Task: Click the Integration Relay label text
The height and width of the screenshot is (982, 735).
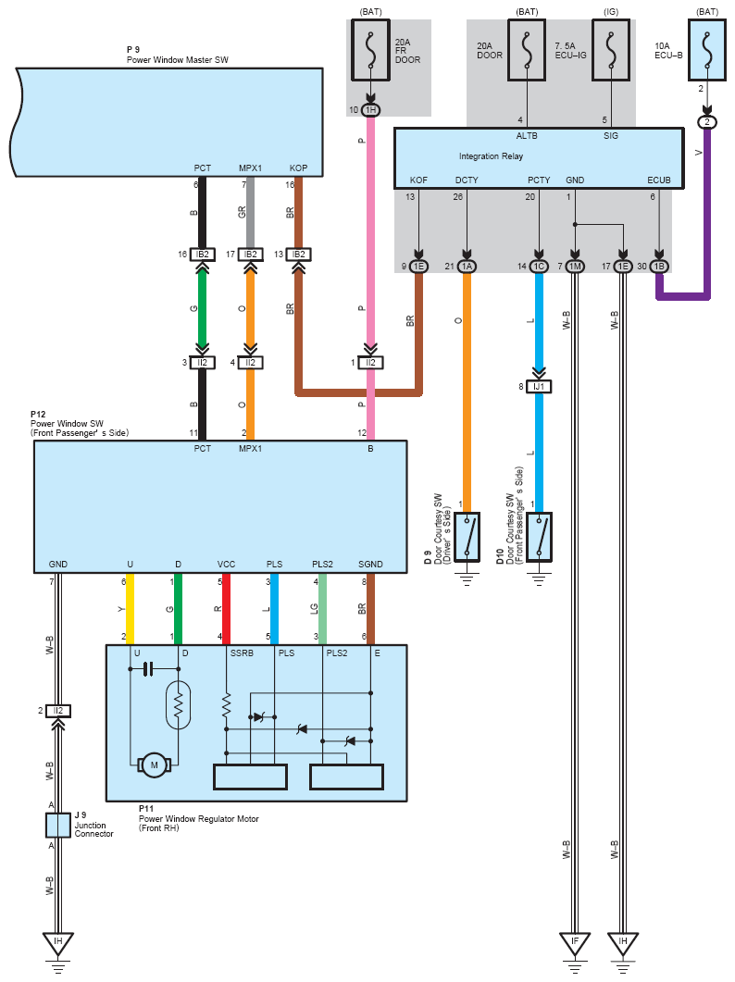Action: coord(491,156)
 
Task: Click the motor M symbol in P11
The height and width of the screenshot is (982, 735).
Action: coord(153,764)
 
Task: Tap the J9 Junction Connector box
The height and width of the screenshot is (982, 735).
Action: coord(58,825)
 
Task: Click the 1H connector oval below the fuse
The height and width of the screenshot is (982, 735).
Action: coord(370,111)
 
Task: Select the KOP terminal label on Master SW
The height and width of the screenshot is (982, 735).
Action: coord(298,168)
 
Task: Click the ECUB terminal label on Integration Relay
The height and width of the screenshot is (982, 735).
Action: coord(658,180)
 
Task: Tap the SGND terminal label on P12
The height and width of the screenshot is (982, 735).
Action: coord(370,564)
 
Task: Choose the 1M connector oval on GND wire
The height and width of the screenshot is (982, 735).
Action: coord(575,267)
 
